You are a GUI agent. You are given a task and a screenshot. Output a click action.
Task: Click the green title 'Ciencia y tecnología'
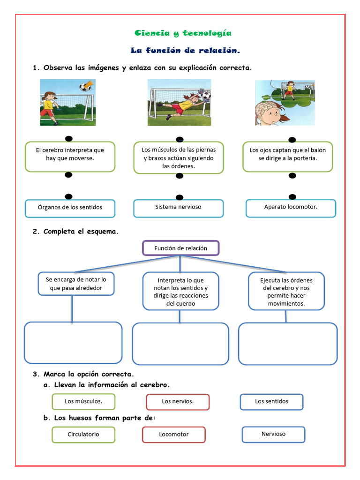point(183,33)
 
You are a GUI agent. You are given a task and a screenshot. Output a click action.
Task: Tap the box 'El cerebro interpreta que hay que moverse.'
point(70,157)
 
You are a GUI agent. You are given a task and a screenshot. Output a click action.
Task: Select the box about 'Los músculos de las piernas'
point(179,157)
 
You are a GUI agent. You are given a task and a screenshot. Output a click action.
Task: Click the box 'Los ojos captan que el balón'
point(287,157)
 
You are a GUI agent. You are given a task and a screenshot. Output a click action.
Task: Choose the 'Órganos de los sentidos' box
point(70,208)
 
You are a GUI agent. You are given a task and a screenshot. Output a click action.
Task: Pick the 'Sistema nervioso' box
point(179,208)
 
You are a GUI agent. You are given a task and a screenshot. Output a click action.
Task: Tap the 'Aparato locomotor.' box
point(291,208)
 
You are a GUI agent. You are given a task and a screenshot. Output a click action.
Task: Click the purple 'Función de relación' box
point(180,248)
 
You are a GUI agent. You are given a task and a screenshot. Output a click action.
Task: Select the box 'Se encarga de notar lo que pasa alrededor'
point(76,284)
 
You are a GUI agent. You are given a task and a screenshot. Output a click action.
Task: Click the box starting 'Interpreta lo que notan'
point(180,291)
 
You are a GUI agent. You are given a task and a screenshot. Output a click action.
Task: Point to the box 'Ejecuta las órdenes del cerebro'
point(286,291)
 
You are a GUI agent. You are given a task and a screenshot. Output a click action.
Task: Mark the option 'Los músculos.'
point(83,402)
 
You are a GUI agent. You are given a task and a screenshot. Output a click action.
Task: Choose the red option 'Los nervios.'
point(178,402)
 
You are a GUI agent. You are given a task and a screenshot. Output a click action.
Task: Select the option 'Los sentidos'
point(271,402)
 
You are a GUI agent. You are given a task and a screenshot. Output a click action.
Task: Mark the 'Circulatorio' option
point(83,435)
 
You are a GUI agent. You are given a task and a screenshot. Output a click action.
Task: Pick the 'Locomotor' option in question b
point(173,435)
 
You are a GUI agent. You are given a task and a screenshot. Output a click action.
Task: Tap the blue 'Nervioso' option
point(273,435)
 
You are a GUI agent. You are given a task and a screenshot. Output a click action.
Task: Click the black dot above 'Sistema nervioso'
point(179,197)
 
